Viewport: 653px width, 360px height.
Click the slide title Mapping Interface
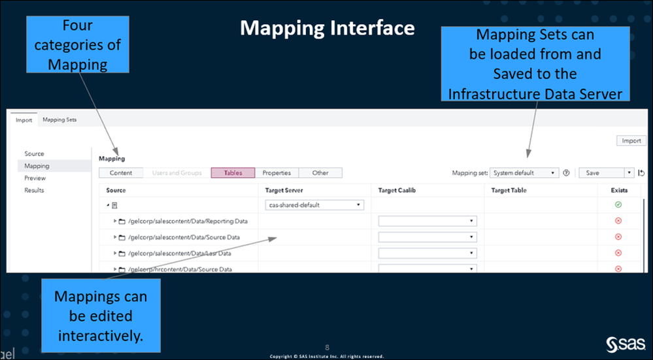(x=327, y=28)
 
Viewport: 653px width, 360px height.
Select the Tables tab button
(x=233, y=173)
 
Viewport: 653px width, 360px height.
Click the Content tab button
(x=121, y=173)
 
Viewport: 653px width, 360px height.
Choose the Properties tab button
(x=276, y=173)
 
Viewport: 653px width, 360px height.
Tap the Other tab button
(x=320, y=173)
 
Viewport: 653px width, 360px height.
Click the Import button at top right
(x=631, y=140)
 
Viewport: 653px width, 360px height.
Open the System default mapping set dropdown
(x=524, y=173)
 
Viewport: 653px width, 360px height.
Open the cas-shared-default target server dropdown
(x=314, y=205)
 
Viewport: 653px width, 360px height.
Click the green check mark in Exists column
(x=618, y=205)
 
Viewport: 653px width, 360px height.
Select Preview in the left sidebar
(x=35, y=178)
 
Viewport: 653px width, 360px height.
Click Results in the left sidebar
(x=34, y=190)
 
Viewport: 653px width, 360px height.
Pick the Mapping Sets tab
(x=59, y=120)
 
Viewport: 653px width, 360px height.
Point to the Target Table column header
(x=509, y=190)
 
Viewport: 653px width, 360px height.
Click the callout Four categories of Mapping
(x=77, y=44)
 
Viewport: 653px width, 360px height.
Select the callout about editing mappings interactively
(x=101, y=316)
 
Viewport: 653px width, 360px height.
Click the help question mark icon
(x=566, y=173)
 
